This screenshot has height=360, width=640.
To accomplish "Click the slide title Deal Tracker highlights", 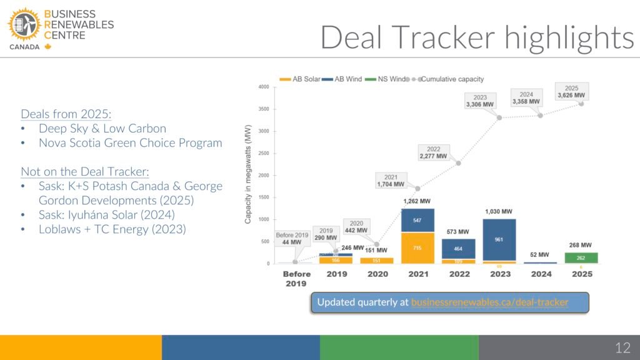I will click(477, 37).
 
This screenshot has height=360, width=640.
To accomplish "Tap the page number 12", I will click(622, 347).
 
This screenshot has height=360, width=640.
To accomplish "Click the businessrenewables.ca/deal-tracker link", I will click(489, 302).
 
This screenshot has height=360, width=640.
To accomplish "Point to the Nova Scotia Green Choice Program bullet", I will click(130, 142).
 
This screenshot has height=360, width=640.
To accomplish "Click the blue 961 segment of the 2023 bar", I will click(498, 239).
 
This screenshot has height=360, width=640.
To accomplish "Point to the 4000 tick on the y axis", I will click(264, 87).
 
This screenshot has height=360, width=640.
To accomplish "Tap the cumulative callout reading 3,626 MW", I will click(571, 92).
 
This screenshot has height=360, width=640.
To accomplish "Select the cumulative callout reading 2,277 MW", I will click(433, 153).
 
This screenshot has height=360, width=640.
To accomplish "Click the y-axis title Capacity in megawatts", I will click(248, 174).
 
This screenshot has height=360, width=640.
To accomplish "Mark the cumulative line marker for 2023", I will click(499, 117).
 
